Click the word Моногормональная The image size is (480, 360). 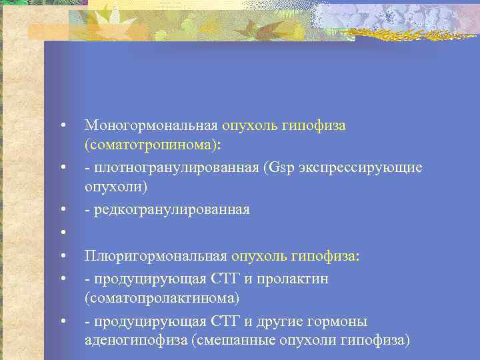tap(151, 125)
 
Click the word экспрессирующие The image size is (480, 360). tap(363, 167)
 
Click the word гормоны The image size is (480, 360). tap(343, 321)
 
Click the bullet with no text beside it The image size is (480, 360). tap(61, 232)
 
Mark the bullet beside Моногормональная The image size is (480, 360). tap(61, 125)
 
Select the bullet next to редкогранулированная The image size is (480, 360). tap(61, 210)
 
